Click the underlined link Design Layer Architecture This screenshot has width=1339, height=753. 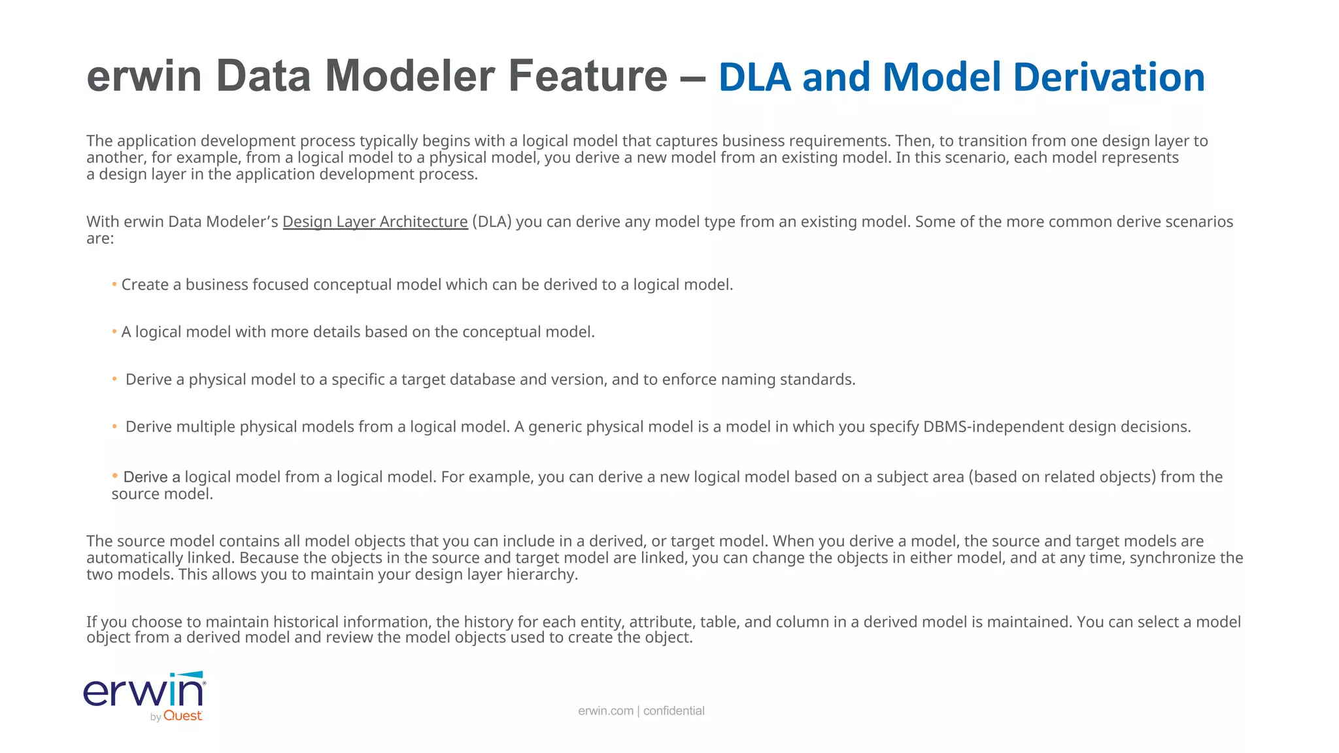(375, 222)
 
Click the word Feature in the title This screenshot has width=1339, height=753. (587, 76)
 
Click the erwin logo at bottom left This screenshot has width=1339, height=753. (144, 692)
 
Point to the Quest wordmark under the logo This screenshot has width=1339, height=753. (182, 716)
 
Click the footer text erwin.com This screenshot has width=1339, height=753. (605, 711)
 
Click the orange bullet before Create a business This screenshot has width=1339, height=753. (114, 284)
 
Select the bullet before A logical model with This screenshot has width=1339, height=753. (114, 331)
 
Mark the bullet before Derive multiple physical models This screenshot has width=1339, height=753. (114, 427)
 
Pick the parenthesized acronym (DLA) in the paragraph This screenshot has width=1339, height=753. (492, 222)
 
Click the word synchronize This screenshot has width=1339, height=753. (1173, 558)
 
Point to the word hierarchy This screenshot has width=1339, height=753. (541, 575)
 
